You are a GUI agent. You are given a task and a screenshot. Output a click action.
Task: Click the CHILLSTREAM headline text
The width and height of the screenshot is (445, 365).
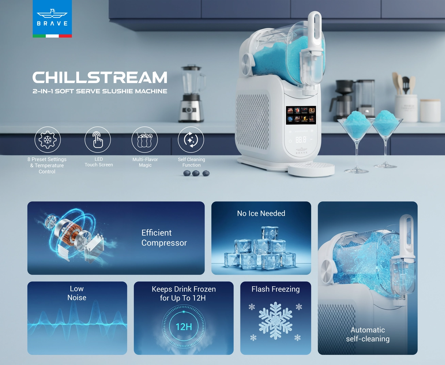pos(100,78)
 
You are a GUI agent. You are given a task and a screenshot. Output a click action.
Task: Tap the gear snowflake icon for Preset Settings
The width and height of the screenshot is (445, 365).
pos(48,140)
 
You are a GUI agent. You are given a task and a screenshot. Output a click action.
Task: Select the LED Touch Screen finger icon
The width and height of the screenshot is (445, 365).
pos(98,140)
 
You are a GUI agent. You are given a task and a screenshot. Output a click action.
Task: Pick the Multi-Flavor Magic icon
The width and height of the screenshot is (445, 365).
pos(145,140)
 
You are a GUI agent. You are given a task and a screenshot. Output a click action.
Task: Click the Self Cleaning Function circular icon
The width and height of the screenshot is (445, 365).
pos(191,140)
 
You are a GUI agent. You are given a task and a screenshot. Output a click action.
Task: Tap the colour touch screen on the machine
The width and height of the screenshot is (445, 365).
pos(301,115)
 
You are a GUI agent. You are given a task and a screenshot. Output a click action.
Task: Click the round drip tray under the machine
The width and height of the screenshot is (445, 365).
pos(311,168)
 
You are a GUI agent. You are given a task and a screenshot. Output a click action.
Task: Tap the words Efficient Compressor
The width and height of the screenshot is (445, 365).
pos(164,238)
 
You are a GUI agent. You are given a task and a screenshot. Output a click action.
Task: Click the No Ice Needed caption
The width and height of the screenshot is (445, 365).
pos(261,213)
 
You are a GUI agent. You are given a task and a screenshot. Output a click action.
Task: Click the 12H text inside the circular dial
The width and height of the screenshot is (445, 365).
pos(184,327)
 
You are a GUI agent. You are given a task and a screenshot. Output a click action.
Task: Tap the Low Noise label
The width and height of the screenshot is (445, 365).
pos(77,293)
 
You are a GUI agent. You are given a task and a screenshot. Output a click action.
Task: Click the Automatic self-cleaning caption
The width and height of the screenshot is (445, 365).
pos(368,334)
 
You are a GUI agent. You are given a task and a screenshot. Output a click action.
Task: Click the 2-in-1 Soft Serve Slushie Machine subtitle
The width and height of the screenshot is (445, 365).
pos(100,91)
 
